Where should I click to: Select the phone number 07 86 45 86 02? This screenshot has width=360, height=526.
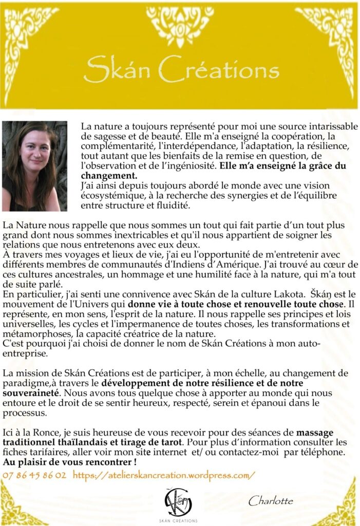34,475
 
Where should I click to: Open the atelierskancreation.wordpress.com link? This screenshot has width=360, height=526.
164,475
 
